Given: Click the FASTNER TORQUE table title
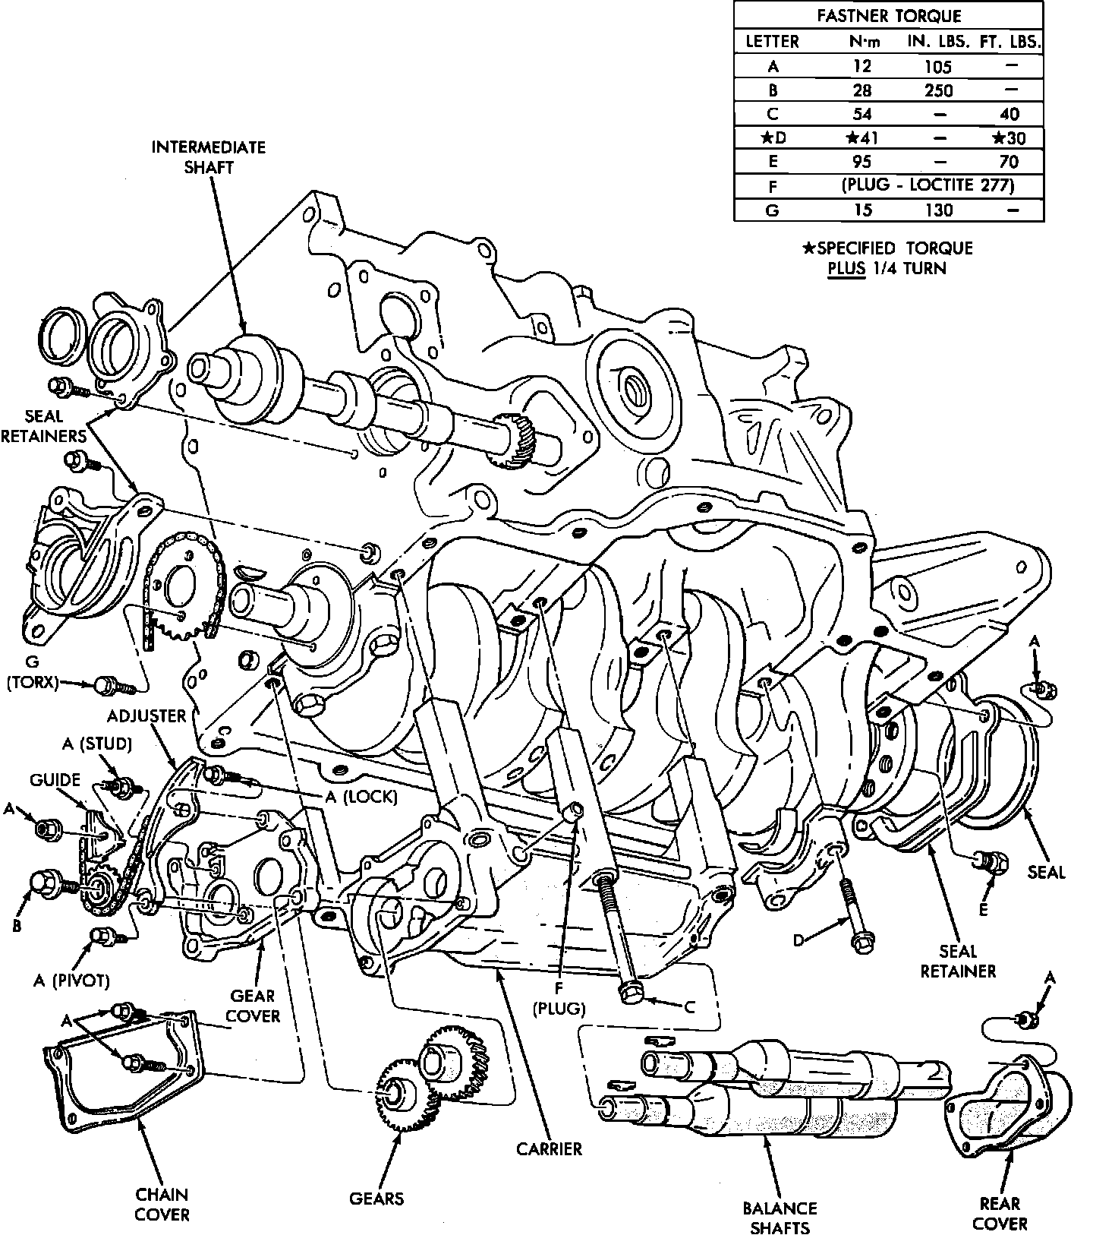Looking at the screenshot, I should point(889,16).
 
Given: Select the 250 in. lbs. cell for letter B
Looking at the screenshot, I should point(939,90).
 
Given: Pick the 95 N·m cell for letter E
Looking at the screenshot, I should point(861,162).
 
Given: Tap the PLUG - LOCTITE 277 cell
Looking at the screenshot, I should point(928,185).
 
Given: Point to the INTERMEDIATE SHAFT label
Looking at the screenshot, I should point(208,156).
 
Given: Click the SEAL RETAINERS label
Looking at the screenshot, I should point(43,426).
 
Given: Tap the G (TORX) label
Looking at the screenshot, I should point(32,671).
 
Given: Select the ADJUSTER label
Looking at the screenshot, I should point(146,716).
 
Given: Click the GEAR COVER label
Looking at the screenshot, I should point(254,1006).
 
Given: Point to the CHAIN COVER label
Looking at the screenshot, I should point(162,1205).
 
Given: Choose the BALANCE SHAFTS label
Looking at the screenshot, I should point(780,1217).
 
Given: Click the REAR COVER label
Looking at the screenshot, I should point(1000,1214).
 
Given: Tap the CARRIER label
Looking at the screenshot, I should point(550,1149).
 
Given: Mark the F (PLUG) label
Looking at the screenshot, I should point(559,998).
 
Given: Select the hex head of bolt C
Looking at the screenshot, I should point(630,992).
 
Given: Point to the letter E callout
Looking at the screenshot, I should point(983,908).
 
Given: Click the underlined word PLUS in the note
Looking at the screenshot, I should point(846,268).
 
